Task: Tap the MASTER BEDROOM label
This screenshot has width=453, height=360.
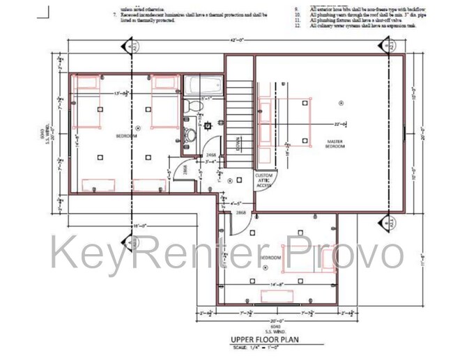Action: tap(336, 144)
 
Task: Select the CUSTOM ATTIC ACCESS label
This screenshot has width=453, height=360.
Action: tap(263, 180)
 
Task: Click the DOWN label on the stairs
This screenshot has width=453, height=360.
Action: tap(238, 147)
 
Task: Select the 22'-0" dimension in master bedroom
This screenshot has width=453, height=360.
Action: tap(340, 124)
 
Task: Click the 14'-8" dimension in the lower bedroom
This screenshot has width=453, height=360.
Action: tap(277, 284)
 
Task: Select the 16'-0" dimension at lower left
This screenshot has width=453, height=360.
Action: tap(139, 226)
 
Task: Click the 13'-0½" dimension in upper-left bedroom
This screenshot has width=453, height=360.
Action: tap(122, 93)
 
